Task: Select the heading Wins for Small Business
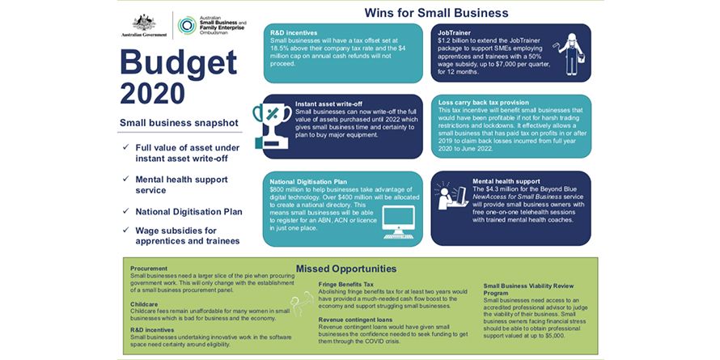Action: (436, 13)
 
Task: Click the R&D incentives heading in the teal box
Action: (294, 32)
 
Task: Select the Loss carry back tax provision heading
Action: (484, 103)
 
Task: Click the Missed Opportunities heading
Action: (345, 269)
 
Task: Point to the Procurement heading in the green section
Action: (149, 269)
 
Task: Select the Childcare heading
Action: (144, 303)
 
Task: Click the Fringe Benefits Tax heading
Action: (346, 284)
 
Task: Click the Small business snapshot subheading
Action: (178, 123)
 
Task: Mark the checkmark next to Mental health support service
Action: (126, 180)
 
